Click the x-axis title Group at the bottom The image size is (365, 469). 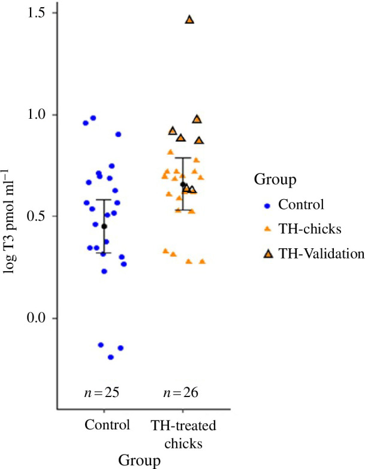coord(139,461)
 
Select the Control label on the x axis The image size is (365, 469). coord(107,425)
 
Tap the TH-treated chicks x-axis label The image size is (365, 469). coord(183,434)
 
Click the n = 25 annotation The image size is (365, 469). coord(102,392)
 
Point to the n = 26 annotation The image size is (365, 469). coord(180,392)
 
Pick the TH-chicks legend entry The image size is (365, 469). coord(303,229)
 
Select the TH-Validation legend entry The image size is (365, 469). coord(314,254)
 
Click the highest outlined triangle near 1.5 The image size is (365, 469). coord(189,20)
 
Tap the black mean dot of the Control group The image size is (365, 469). coord(104,227)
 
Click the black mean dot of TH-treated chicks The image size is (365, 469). coord(183,184)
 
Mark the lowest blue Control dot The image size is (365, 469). coord(111,357)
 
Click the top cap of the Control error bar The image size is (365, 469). coord(104,200)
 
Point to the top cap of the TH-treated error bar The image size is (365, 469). coord(183,158)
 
